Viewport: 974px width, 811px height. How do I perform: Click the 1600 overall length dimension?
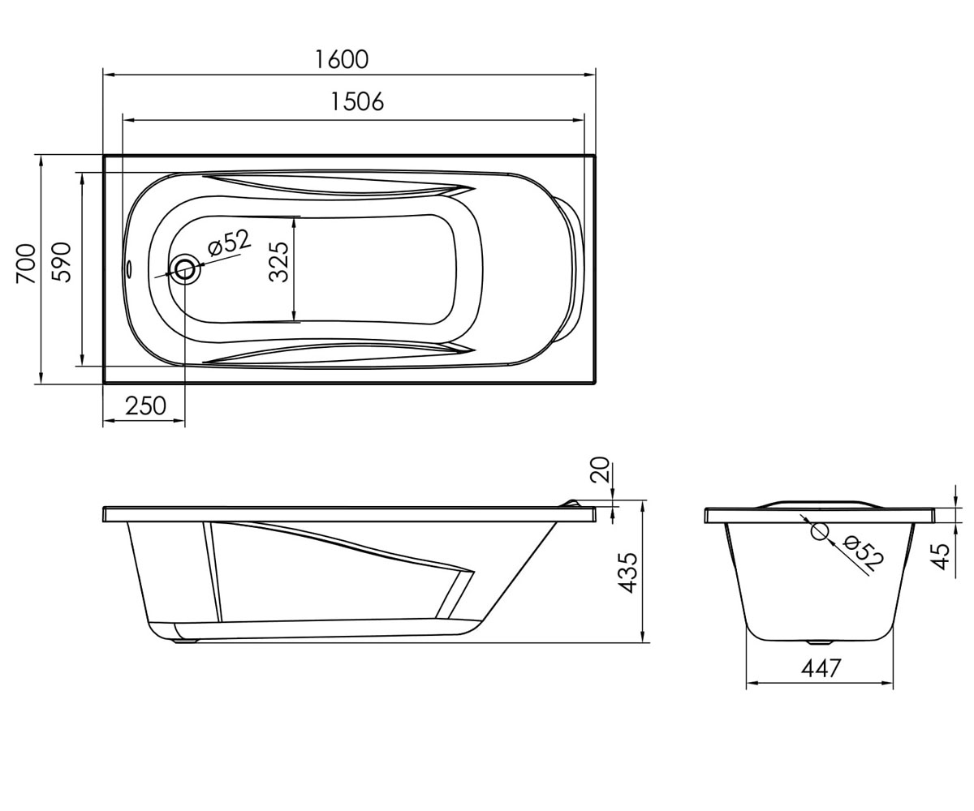[342, 59]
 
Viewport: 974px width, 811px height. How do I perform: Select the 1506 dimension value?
[357, 101]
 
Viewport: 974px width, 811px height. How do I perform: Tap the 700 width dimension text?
[26, 263]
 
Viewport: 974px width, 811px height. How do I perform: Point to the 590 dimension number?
[61, 262]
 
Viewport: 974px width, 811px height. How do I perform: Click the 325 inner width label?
[279, 262]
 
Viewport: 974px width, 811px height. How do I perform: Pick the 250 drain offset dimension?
[145, 406]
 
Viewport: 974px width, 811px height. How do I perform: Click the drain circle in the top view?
[185, 269]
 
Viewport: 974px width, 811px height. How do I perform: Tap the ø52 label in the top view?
[230, 242]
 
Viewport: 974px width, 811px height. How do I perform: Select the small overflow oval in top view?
[129, 268]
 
